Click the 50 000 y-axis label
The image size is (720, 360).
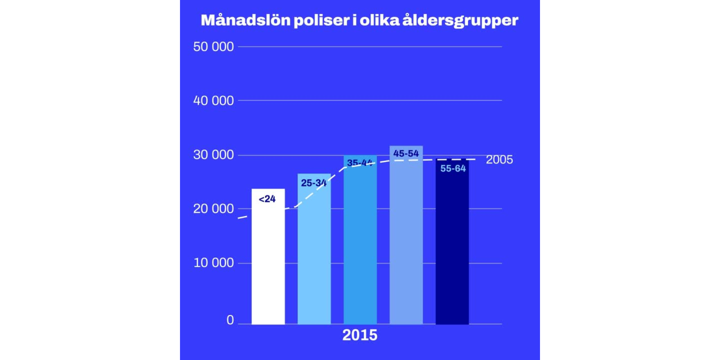click(x=213, y=47)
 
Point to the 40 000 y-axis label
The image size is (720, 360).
click(x=213, y=101)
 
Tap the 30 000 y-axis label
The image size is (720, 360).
click(x=213, y=155)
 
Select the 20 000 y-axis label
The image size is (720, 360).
click(x=213, y=209)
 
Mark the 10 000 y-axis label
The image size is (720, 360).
click(x=213, y=263)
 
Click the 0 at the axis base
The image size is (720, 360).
click(x=230, y=320)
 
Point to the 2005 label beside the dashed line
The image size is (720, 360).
click(x=499, y=160)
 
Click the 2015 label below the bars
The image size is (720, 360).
click(x=360, y=335)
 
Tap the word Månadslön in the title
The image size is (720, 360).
click(x=245, y=20)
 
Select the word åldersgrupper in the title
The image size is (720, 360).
click(x=460, y=21)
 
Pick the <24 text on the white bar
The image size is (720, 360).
click(x=267, y=199)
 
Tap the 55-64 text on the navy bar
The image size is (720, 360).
click(x=453, y=169)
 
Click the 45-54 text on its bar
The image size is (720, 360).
click(x=406, y=153)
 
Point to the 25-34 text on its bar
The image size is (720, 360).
click(x=314, y=183)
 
